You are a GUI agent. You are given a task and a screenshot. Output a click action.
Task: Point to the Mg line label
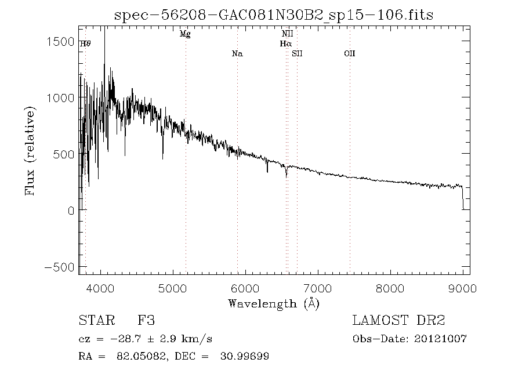[185, 34]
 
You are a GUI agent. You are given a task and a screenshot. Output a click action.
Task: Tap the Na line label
[237, 54]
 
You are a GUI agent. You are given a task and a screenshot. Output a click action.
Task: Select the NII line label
[287, 34]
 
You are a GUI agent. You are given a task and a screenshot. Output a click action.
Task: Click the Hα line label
[285, 43]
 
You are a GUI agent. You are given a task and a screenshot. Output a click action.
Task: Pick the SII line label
[298, 54]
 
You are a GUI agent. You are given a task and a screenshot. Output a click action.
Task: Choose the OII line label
[349, 54]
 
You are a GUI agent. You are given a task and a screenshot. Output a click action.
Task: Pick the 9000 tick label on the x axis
[462, 288]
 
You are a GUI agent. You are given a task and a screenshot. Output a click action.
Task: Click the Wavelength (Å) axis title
[274, 303]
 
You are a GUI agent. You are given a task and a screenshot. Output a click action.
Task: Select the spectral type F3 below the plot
[146, 321]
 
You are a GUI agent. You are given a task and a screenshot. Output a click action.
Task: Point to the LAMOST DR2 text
[398, 321]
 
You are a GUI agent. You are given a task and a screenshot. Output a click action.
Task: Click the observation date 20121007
[441, 339]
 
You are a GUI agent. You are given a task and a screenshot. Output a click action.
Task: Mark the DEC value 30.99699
[244, 356]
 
